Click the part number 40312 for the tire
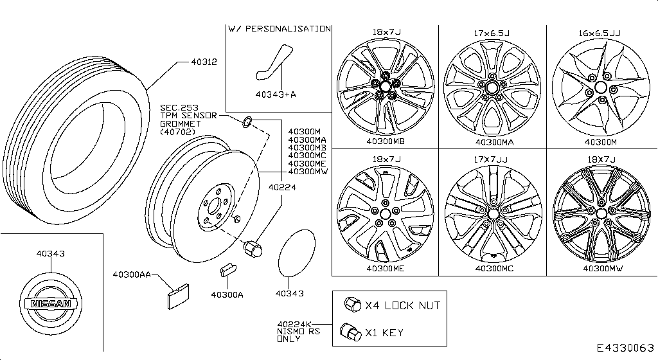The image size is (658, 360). point(204,62)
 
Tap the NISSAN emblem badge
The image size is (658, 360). point(49,306)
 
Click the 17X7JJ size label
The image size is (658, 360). point(493,158)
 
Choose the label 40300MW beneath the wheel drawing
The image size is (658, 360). point(601,269)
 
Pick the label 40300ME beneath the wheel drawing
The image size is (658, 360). point(386,269)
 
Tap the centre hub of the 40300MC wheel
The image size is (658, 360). point(493,213)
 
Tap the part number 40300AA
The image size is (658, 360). point(132,275)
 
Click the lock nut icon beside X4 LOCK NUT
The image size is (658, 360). point(351,305)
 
